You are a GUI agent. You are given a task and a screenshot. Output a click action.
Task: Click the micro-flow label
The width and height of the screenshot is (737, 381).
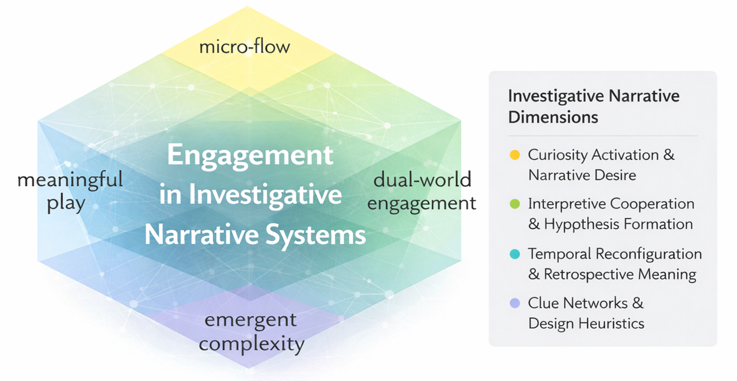tap(245, 47)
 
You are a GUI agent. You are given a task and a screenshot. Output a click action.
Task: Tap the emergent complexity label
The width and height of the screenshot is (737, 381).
tap(251, 332)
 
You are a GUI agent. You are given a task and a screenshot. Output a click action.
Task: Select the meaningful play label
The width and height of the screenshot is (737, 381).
tap(70, 192)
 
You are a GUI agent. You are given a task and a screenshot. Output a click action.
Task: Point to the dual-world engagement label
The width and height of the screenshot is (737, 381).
tap(421, 192)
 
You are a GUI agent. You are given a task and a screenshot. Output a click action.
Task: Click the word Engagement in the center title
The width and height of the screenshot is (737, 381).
tap(250, 155)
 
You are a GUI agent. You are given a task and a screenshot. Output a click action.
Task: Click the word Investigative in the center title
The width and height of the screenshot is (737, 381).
tap(266, 194)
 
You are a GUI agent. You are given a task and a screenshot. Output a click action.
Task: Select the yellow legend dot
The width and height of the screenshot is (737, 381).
tap(515, 155)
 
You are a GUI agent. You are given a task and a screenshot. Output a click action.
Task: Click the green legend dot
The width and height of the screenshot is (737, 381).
tap(515, 204)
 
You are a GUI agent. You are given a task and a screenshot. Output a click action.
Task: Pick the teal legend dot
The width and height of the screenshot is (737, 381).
tap(515, 254)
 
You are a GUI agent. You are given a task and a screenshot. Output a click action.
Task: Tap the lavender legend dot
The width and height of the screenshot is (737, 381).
tap(515, 303)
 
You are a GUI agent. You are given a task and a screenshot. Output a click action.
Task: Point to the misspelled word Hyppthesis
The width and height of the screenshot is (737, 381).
tap(589, 224)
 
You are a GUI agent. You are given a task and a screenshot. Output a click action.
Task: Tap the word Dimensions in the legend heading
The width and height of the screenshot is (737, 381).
tap(553, 116)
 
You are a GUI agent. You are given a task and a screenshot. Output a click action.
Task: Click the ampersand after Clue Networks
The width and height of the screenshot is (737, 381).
tap(638, 303)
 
